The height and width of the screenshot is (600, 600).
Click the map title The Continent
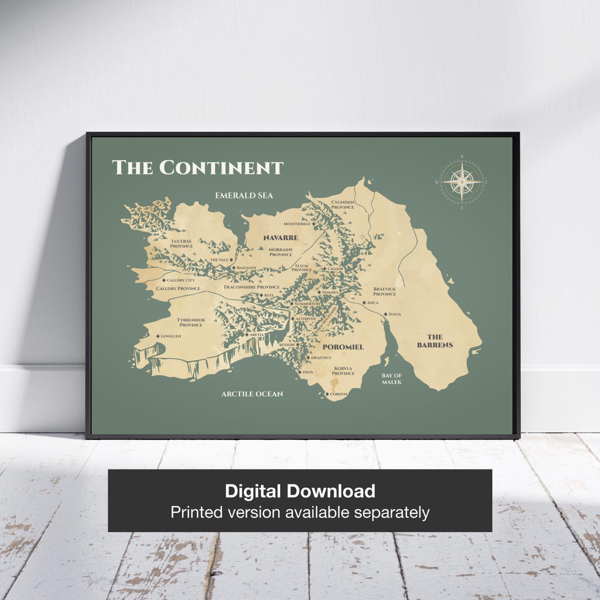pos(198,167)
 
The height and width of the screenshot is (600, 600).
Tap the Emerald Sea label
pos(244,196)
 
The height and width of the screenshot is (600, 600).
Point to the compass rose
pos(462,182)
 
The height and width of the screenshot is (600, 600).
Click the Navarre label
pos(281,238)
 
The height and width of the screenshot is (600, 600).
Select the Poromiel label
pos(343,347)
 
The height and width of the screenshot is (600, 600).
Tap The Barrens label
pos(435,341)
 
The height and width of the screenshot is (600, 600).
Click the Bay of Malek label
pos(392,379)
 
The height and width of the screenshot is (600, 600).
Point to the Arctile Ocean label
pos(252,394)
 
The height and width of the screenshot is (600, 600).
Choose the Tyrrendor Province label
pos(191,322)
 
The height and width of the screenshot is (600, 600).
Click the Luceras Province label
pos(182,243)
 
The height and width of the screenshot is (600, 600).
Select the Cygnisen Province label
pos(342,204)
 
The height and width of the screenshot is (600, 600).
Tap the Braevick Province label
pos(384,291)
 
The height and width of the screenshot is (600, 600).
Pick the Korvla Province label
pos(343,371)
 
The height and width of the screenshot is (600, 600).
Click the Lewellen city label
pos(171,336)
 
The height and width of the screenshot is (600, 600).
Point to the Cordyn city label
pos(338,394)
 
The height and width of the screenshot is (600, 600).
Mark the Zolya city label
pos(394,314)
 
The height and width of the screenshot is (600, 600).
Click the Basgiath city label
pos(246,268)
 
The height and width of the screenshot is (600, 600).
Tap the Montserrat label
pos(297,224)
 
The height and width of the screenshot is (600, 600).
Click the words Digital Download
pos(300,491)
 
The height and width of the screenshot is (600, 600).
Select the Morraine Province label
pos(281,252)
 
